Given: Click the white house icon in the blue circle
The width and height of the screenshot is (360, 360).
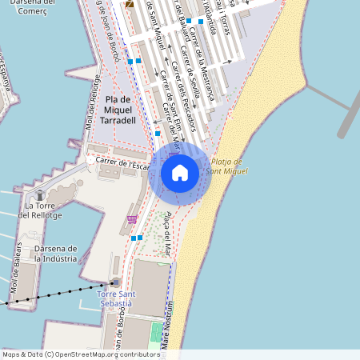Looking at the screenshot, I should click(x=179, y=172).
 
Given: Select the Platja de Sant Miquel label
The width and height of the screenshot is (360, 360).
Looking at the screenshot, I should click(x=225, y=166).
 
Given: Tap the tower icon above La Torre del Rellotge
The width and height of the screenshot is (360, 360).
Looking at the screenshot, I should click(x=40, y=194).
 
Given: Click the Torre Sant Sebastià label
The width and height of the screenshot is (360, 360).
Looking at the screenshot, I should click(x=116, y=299).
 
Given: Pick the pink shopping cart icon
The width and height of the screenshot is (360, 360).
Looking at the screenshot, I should click(x=132, y=219).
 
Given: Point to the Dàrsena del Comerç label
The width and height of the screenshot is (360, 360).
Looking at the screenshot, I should click(x=27, y=7).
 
